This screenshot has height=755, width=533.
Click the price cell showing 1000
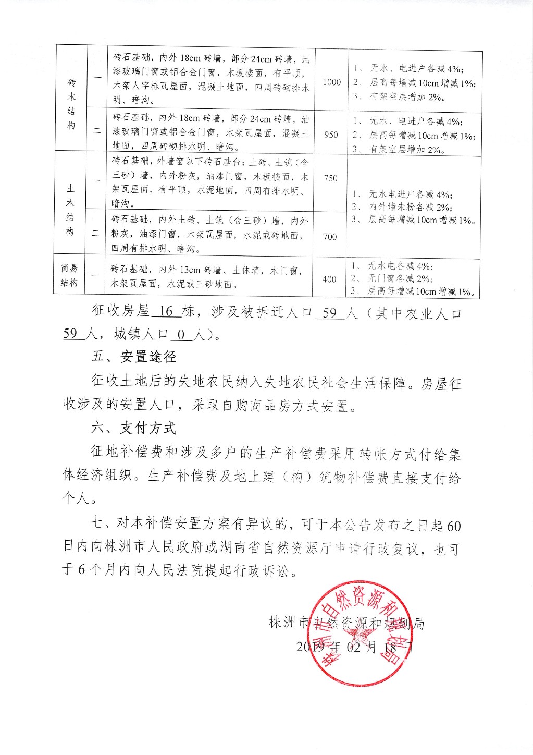[331, 82]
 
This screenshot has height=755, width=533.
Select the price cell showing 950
[331, 135]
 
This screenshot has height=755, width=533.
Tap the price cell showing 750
[330, 178]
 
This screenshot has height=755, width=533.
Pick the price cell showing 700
[330, 237]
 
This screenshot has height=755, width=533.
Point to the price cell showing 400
[329, 279]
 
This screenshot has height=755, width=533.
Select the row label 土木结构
[70, 210]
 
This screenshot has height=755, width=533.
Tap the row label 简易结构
[69, 275]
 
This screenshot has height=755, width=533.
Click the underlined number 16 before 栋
[166, 312]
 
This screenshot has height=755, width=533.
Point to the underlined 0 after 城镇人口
[181, 335]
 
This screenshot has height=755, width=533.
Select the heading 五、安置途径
[134, 357]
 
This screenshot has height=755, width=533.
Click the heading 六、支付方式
[134, 428]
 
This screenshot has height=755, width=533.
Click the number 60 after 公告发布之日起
[454, 526]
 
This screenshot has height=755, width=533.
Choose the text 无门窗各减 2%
[400, 278]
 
